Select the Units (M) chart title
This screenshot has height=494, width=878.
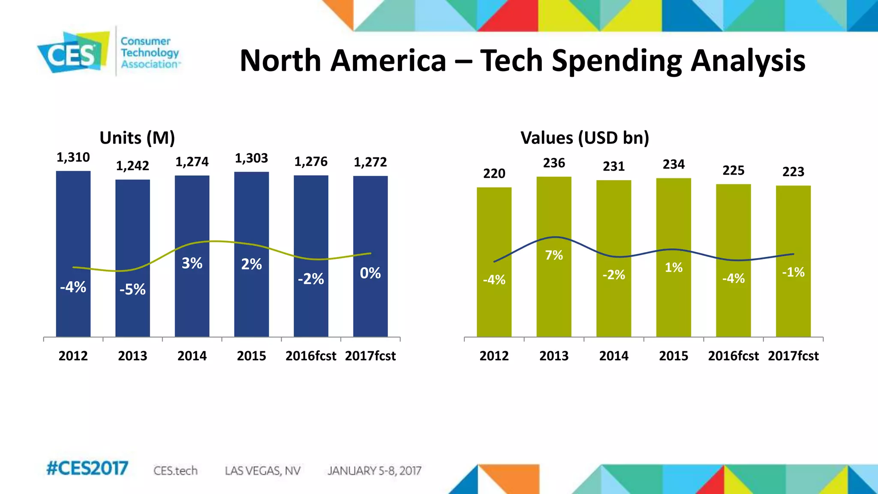[x=137, y=138]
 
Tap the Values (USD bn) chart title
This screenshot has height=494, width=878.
[x=585, y=138]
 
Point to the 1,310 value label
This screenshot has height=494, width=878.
[x=73, y=157]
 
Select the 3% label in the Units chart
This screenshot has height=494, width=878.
[x=192, y=263]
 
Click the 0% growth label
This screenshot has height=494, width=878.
[x=370, y=273]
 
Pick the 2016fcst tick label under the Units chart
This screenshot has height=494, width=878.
[x=311, y=356]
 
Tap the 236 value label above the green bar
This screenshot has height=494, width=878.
[x=554, y=163]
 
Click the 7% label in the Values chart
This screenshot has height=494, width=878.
[x=554, y=255]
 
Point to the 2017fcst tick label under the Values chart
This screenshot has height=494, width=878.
[x=793, y=356]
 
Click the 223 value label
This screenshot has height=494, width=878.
[x=793, y=172]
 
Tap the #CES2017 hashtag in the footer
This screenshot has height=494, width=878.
[x=87, y=468]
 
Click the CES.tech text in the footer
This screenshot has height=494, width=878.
[x=175, y=471]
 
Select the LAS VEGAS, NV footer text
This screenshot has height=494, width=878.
[x=262, y=471]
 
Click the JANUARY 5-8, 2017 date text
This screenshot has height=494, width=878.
[x=374, y=471]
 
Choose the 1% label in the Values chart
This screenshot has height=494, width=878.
[x=674, y=268]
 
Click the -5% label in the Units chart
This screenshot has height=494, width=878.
[x=132, y=290]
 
